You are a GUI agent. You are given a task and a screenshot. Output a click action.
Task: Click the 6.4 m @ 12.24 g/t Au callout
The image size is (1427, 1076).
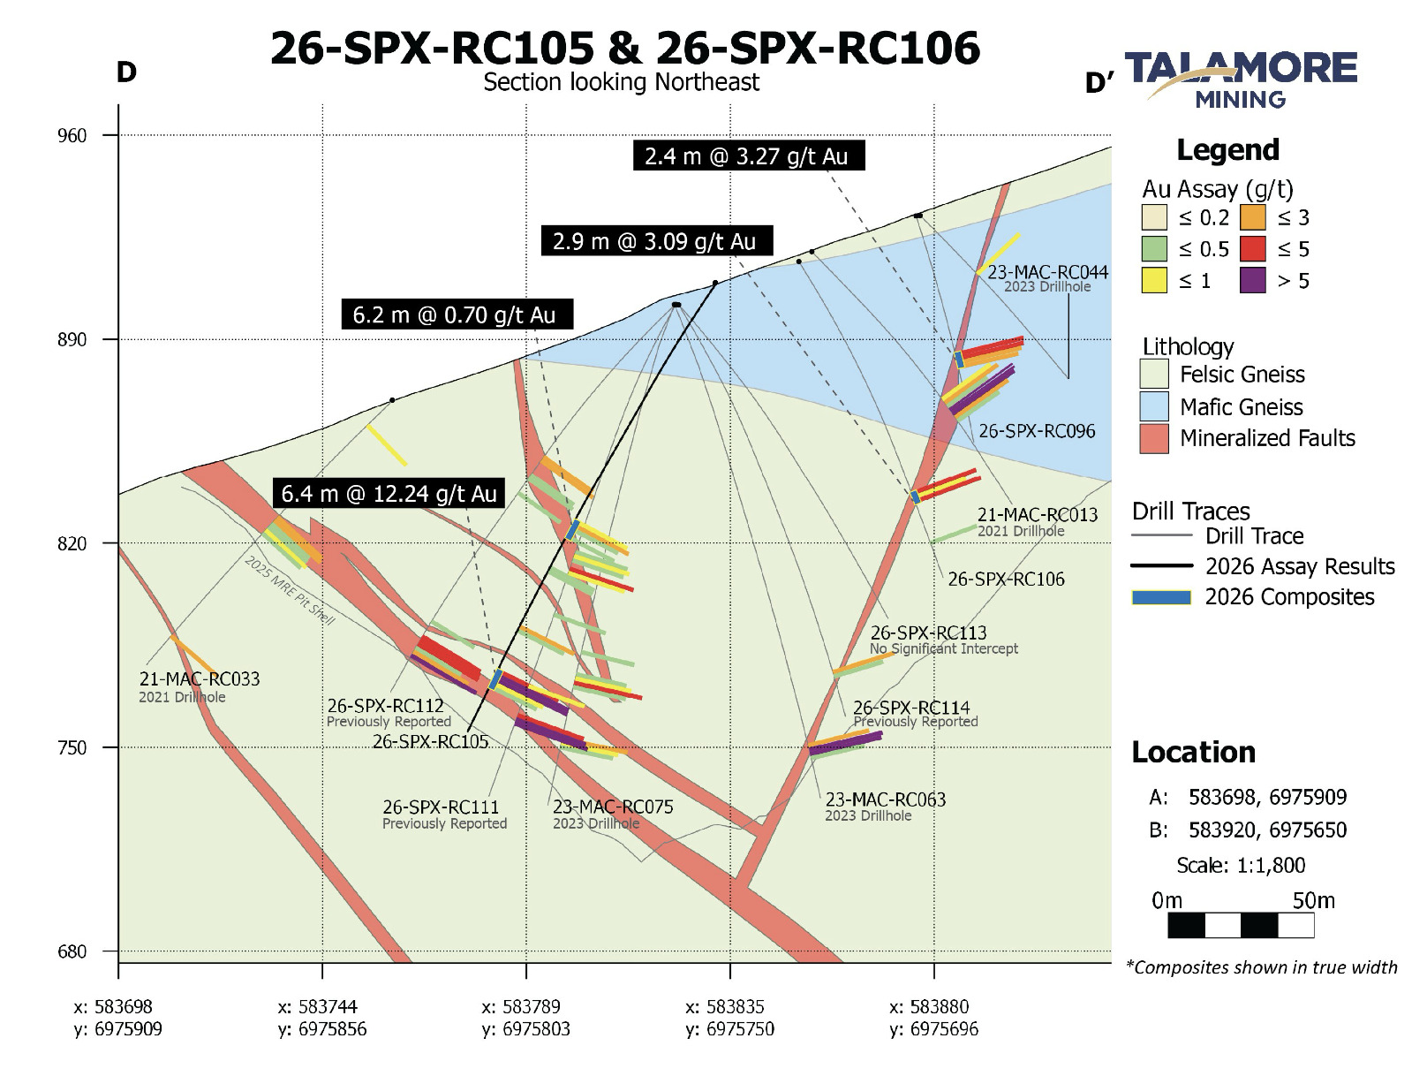389,494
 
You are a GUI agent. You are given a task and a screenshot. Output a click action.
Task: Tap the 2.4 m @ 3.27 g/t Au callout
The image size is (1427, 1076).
749,156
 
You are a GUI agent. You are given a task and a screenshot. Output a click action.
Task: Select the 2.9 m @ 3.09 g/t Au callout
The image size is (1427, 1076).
657,241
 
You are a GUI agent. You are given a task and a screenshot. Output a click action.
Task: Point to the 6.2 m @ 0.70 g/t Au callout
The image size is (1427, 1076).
457,314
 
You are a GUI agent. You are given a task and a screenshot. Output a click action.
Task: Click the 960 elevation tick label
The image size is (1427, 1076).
72,136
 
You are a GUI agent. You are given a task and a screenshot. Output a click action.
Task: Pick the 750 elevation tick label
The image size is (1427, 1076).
72,747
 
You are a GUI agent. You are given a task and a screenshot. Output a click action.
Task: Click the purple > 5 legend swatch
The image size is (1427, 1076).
1253,280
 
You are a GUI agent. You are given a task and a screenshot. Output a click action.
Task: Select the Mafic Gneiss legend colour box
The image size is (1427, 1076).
1154,406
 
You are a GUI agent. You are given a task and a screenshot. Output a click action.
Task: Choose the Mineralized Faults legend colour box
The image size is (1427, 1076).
1154,438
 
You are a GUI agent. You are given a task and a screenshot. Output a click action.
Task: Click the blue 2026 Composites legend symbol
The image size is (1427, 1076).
1161,597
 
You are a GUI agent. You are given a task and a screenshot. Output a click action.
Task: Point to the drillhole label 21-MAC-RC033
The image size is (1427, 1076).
200,678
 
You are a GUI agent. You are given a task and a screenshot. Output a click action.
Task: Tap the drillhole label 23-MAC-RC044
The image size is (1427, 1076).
1048,272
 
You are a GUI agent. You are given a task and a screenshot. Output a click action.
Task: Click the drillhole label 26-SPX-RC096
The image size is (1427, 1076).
1037,431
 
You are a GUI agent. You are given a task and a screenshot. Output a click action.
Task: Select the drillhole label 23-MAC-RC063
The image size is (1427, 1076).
886,799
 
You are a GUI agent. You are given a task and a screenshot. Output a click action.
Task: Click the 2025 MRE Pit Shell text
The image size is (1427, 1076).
290,590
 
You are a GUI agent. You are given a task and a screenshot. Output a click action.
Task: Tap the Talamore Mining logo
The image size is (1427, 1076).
1241,80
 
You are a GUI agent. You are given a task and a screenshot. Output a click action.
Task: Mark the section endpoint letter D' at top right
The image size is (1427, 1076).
1099,83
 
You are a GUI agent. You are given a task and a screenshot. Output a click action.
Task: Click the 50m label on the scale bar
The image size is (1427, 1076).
1313,900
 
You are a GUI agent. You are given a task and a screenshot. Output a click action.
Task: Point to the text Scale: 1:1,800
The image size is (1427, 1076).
1241,866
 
